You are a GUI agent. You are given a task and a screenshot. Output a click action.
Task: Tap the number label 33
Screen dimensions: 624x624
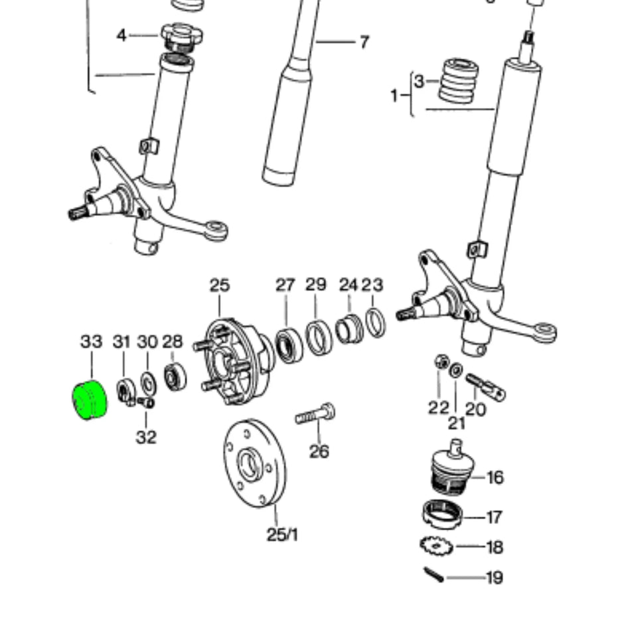point(91,342)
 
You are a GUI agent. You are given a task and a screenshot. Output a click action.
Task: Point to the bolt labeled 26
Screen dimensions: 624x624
point(315,416)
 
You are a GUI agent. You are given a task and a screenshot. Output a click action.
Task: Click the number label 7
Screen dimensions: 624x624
point(364,42)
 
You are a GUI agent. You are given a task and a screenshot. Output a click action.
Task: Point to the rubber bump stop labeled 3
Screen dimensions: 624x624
point(458,80)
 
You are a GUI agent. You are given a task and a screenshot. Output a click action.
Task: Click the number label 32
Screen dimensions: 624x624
point(146,437)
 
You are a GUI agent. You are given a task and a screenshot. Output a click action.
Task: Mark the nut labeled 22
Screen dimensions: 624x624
point(439,362)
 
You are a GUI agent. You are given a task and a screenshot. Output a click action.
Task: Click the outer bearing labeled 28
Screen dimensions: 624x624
point(175,377)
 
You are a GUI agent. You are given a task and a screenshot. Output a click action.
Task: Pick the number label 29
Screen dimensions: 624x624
point(316,285)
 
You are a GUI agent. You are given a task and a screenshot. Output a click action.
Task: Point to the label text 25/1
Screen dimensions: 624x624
point(282,534)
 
